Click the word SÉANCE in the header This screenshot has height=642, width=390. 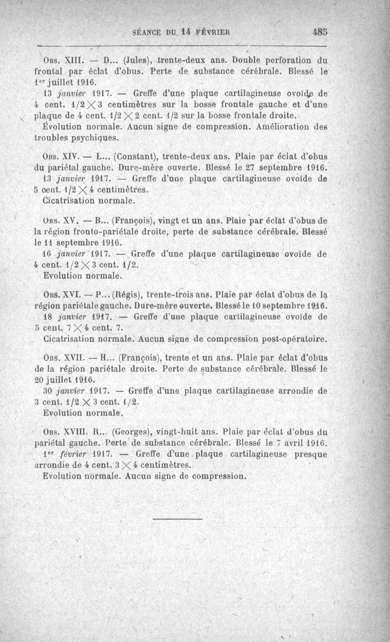click(149, 33)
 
